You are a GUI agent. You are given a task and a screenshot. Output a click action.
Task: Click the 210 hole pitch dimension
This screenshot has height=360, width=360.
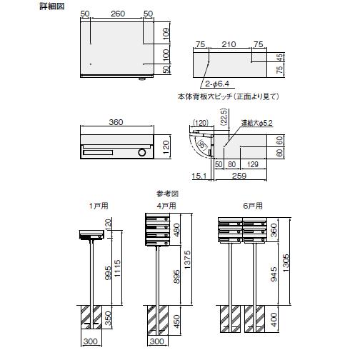[229, 45]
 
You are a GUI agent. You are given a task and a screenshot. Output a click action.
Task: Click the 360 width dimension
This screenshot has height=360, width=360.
[116, 122]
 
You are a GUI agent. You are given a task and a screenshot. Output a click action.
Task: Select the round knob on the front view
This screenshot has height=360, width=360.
[142, 152]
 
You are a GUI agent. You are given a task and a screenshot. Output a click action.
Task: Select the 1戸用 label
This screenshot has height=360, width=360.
[95, 206]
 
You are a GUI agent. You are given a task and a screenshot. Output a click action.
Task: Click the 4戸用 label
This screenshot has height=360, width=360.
[166, 206]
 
